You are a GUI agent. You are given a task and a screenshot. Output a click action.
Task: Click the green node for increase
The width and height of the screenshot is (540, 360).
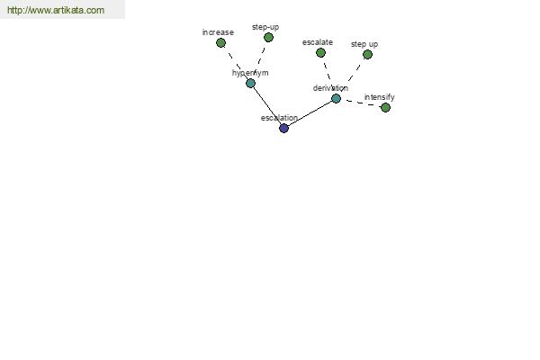pyautogui.click(x=220, y=42)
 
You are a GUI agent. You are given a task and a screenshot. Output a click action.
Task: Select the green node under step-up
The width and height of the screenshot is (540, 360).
pyautogui.click(x=268, y=37)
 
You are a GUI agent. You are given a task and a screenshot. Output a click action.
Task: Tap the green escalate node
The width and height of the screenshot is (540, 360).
pyautogui.click(x=320, y=53)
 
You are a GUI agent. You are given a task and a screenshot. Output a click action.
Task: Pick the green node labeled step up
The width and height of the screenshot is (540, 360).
pyautogui.click(x=367, y=54)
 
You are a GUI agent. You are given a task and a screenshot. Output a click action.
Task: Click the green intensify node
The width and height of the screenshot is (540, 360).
pyautogui.click(x=385, y=108)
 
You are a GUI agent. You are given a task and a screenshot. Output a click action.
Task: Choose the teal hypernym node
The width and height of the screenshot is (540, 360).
pyautogui.click(x=251, y=84)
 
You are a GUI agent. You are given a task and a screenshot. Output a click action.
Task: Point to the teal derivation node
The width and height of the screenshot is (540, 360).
pyautogui.click(x=336, y=98)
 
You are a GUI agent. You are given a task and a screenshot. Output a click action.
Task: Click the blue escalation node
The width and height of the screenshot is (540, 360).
pyautogui.click(x=283, y=128)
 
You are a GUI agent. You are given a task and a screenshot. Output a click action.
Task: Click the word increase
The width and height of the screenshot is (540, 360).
pyautogui.click(x=218, y=32)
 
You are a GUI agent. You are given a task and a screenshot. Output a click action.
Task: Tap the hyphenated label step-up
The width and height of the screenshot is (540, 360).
pyautogui.click(x=265, y=27)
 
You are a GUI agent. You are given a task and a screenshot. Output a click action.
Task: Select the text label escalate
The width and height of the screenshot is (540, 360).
pyautogui.click(x=318, y=42)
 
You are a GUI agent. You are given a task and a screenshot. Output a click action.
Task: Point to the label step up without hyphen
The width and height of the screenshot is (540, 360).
pyautogui.click(x=364, y=44)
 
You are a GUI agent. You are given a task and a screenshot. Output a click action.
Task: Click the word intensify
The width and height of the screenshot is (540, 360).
pyautogui.click(x=379, y=97)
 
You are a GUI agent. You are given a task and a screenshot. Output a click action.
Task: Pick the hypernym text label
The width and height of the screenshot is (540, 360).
pyautogui.click(x=250, y=73)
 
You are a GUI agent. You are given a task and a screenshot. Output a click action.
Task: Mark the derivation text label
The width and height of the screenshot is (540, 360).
pyautogui.click(x=330, y=88)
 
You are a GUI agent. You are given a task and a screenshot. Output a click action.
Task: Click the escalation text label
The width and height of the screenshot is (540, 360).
pyautogui.click(x=279, y=118)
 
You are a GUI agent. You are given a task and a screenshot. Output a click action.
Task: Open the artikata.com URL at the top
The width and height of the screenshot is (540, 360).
pyautogui.click(x=56, y=10)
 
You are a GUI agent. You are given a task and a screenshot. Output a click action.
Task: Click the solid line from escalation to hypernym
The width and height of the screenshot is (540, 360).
pyautogui.click(x=267, y=106)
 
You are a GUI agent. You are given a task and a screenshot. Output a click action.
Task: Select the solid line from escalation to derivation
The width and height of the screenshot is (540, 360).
pyautogui.click(x=310, y=113)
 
